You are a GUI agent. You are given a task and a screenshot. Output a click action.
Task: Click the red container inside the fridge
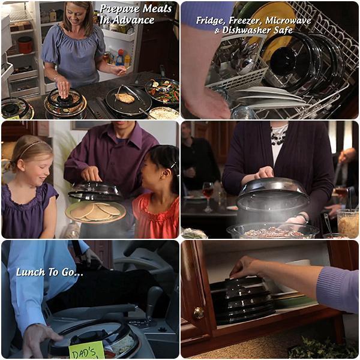(25, 44)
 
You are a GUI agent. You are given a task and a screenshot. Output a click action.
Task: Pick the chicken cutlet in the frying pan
(125, 97)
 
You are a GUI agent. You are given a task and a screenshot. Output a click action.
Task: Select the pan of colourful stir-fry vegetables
(163, 91)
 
